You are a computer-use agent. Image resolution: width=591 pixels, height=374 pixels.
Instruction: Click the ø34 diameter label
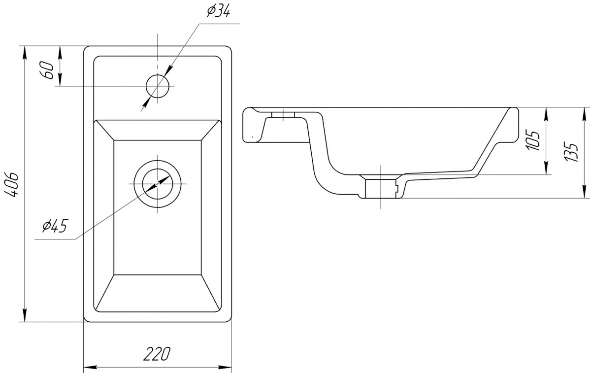click(219, 12)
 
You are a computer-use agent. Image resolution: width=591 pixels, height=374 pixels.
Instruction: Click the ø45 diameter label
click(55, 226)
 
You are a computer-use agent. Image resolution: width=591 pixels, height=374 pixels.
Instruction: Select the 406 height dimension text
click(12, 185)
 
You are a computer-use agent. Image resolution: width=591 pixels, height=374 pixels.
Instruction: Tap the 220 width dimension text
click(157, 354)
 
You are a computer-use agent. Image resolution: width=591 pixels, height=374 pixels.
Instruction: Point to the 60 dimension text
click(47, 70)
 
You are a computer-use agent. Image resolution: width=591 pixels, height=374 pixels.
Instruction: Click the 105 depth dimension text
click(533, 140)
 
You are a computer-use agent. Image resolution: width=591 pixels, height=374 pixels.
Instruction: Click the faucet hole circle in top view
click(158, 86)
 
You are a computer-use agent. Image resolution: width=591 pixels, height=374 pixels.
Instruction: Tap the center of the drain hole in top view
click(158, 184)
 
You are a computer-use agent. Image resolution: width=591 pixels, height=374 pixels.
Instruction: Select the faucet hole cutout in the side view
click(283, 115)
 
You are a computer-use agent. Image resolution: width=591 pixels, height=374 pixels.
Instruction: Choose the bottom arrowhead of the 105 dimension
click(545, 168)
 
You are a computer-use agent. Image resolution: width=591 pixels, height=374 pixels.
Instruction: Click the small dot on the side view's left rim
click(253, 136)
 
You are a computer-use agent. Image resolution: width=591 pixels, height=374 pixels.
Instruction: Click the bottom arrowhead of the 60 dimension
click(60, 80)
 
